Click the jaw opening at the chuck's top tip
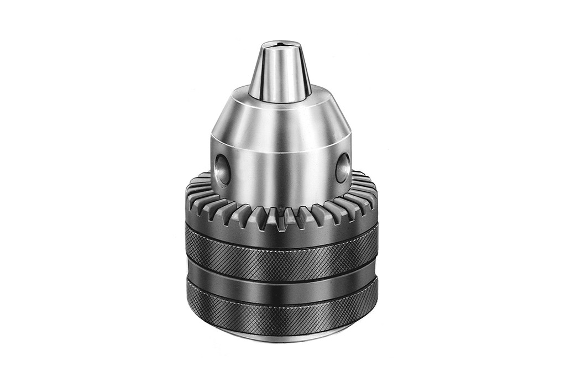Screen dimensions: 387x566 281,42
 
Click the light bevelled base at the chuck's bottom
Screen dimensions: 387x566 282,335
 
